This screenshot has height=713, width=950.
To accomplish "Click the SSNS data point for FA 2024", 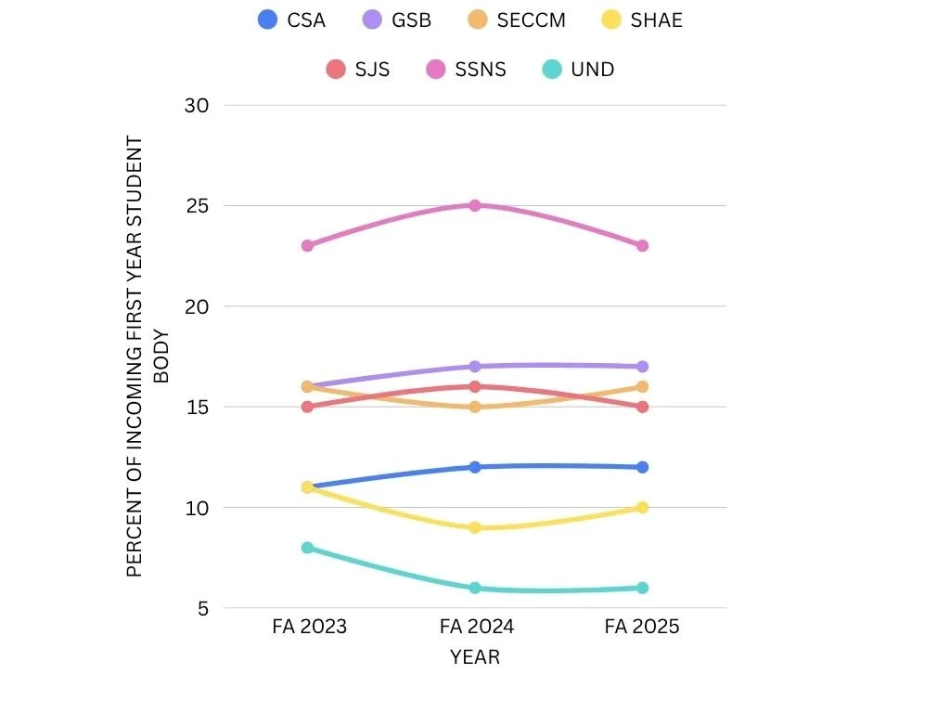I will click(474, 205).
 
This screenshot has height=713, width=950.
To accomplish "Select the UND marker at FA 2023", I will click(307, 548).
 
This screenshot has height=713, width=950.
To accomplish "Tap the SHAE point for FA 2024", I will click(474, 527).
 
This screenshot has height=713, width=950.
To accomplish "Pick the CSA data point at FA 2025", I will click(642, 467).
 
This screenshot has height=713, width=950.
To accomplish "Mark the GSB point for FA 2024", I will click(474, 367).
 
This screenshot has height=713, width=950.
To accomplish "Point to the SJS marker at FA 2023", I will click(307, 407).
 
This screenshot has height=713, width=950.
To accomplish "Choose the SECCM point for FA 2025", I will click(642, 386).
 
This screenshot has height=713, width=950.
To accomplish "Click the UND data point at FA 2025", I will click(642, 588).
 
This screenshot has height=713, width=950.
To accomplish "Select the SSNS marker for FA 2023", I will click(307, 245).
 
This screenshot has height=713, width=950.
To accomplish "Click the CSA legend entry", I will click(292, 19).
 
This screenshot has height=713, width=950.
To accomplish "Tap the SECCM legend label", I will click(531, 19).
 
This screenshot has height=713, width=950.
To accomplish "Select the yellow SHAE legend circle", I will click(611, 19).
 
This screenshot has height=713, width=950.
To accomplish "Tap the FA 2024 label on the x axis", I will click(476, 627).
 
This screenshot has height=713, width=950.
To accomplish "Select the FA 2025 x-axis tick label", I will click(642, 627).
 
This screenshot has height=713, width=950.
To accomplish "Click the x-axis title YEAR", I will click(475, 657).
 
